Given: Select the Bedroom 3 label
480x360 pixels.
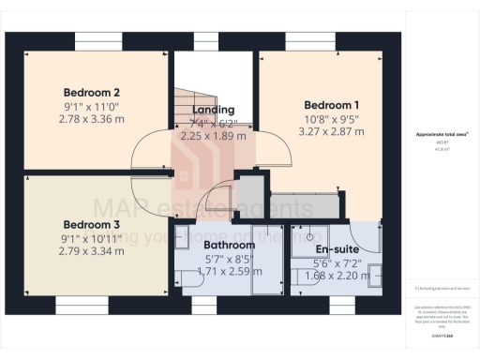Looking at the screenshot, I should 91,225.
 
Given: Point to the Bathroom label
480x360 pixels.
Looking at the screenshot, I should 229,246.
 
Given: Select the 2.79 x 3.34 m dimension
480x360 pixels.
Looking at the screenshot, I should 91,251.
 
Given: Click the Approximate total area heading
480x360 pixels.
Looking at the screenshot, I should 441,134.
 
